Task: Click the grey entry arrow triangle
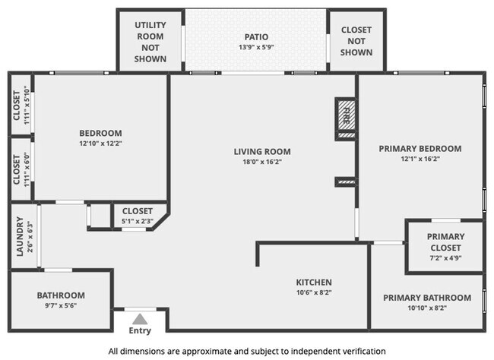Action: tap(140, 319)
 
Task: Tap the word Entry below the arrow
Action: tap(140, 330)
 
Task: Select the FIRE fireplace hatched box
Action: tap(347, 115)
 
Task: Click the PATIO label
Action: tap(256, 37)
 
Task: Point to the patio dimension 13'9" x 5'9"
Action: tap(256, 47)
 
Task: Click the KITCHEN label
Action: tap(314, 283)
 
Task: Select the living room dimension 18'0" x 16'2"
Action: tap(262, 162)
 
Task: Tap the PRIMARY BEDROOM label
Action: tap(420, 148)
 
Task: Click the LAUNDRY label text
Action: tap(20, 236)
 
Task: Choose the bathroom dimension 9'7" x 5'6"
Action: tap(61, 305)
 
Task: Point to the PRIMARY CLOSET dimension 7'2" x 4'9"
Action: tap(445, 258)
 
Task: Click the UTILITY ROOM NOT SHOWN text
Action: tap(150, 42)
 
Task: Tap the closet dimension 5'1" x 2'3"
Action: tap(138, 221)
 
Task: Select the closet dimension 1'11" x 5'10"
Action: tap(27, 106)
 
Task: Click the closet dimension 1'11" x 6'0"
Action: tap(27, 169)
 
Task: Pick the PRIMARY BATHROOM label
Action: tap(427, 298)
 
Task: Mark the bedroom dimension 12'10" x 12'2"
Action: tap(100, 144)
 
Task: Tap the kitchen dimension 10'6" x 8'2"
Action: tap(314, 292)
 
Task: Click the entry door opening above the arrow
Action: tap(140, 309)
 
